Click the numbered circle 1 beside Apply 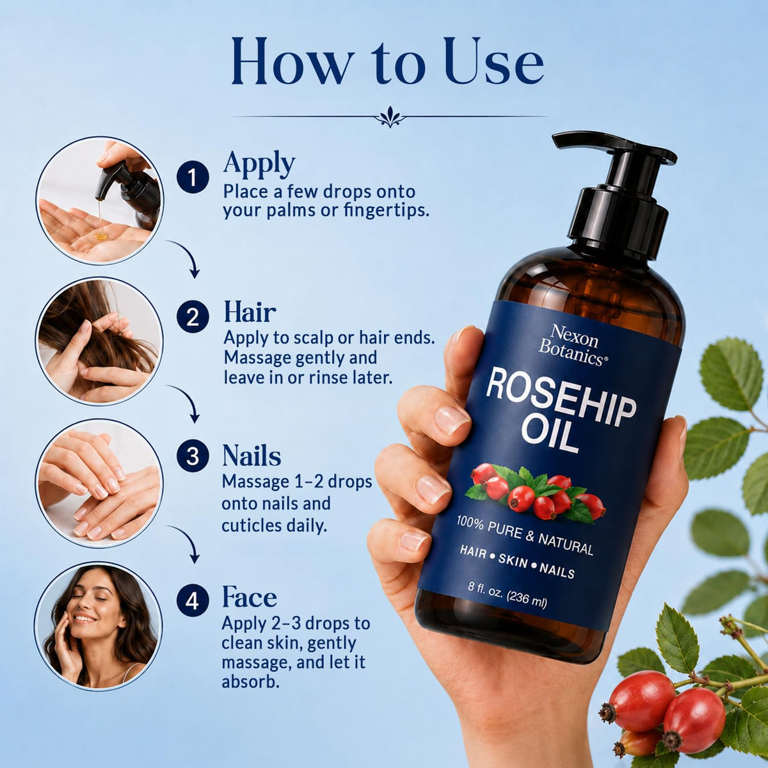tap(193, 177)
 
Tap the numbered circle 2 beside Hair tap(193, 317)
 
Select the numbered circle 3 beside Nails tap(193, 456)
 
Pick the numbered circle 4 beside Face tap(193, 601)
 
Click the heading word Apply tap(259, 164)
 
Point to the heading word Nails tap(252, 455)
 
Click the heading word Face tap(250, 596)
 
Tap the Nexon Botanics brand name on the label tap(573, 344)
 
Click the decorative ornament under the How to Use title tap(390, 117)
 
